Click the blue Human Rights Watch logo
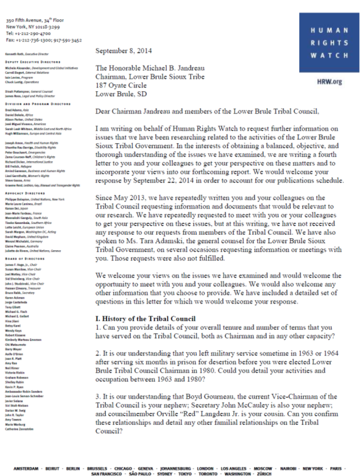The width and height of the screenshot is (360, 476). point(329,42)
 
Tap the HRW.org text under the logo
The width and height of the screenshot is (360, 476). point(330,81)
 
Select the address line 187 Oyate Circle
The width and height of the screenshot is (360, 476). point(121,85)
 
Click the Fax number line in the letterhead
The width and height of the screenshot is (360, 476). point(44,40)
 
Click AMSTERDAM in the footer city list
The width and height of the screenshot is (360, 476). point(26,468)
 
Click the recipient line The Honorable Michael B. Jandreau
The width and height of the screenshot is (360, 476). point(150,68)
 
